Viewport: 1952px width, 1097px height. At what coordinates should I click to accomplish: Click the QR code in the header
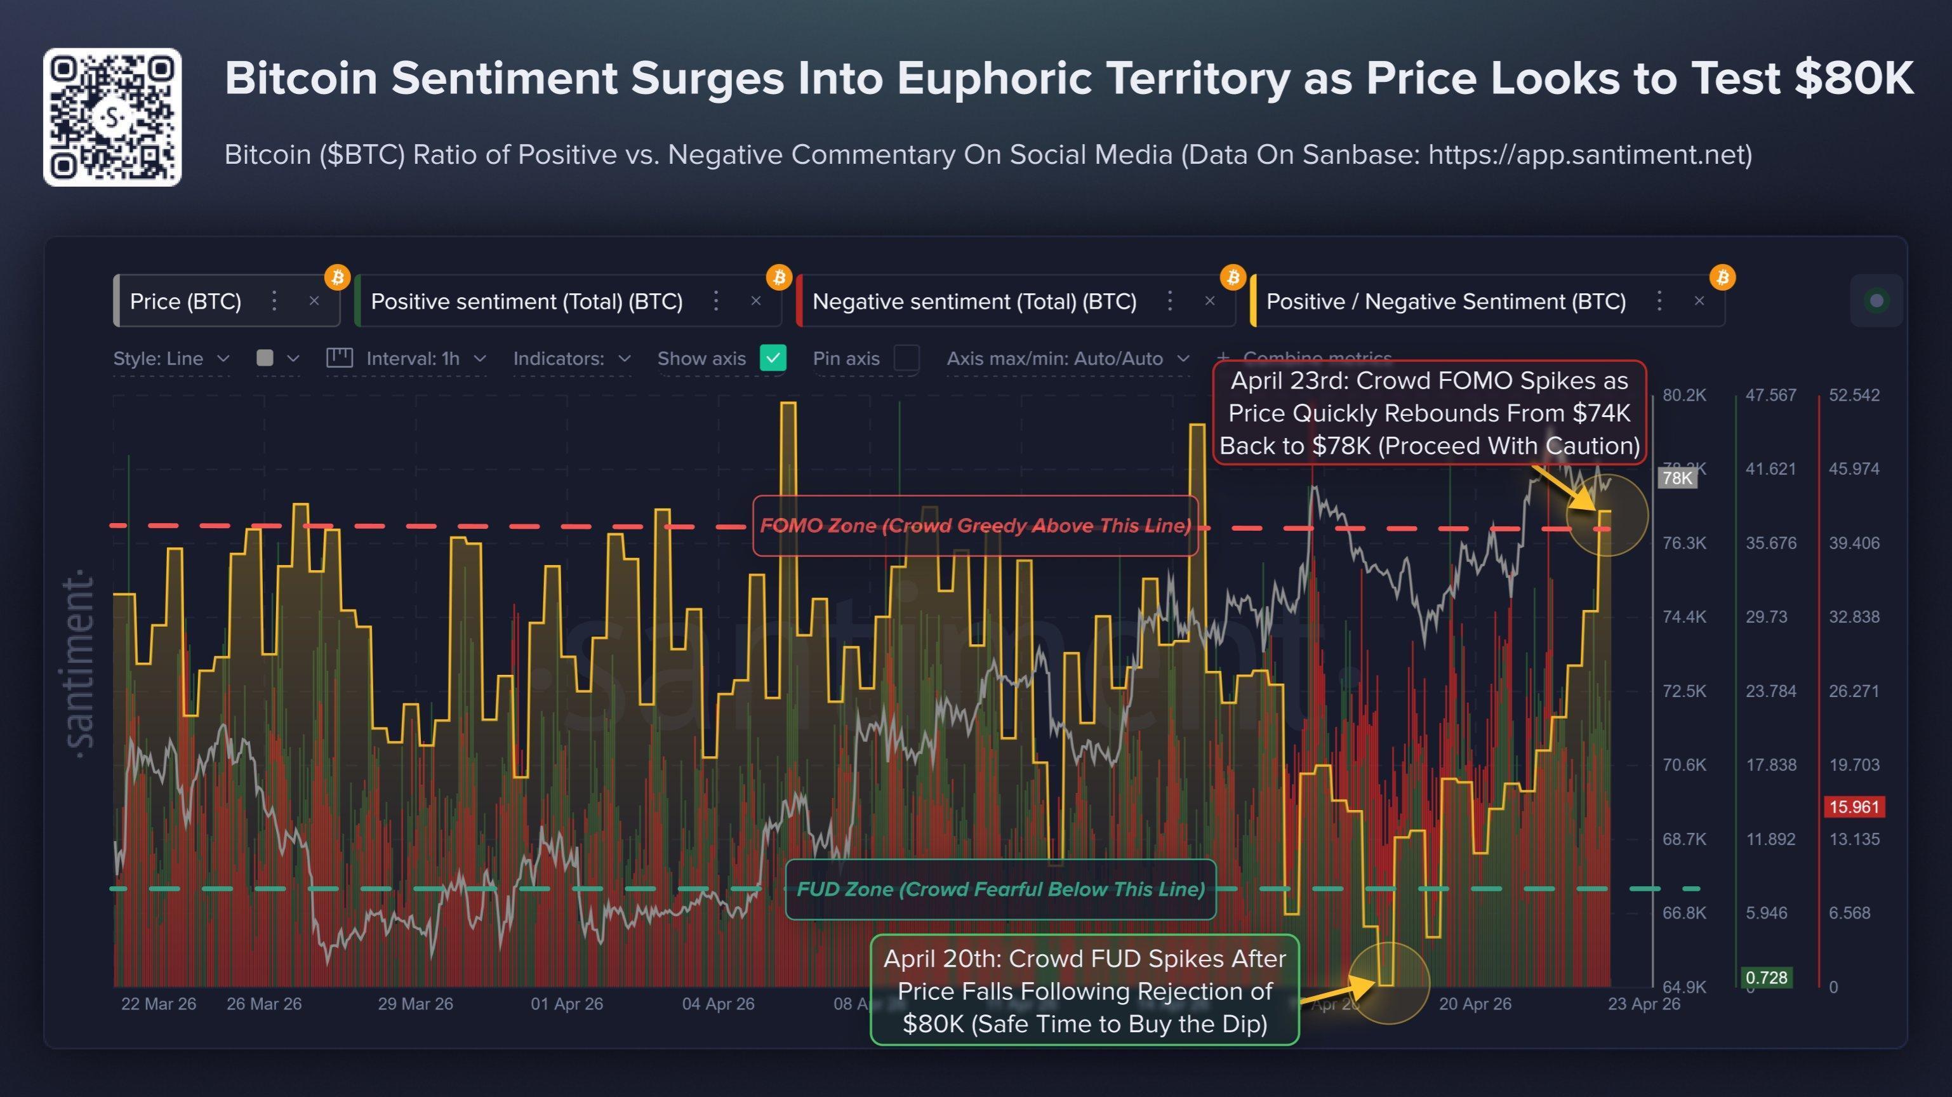(112, 117)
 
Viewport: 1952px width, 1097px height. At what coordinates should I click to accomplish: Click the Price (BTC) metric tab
(185, 302)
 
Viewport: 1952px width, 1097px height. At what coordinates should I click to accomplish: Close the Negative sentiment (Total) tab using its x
(1209, 302)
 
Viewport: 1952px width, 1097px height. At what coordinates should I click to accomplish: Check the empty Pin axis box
(906, 358)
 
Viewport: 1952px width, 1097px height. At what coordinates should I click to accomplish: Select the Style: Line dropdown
(171, 358)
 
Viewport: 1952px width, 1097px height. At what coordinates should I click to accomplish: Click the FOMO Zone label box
(974, 526)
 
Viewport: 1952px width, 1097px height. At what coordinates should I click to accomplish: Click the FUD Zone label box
(1000, 889)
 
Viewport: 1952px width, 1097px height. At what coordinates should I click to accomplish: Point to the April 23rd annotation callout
(1429, 413)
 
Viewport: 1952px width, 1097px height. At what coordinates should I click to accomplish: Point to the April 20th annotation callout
(1084, 991)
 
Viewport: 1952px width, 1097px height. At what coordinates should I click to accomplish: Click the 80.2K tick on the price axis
(1683, 396)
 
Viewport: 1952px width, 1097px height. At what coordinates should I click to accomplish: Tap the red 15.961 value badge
(1854, 807)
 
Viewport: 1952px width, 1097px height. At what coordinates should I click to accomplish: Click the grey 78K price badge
(1677, 478)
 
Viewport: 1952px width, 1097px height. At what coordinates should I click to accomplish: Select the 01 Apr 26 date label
(567, 1004)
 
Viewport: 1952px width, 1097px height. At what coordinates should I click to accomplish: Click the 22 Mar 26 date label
(158, 1004)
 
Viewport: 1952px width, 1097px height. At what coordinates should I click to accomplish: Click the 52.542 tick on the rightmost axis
(1854, 396)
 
